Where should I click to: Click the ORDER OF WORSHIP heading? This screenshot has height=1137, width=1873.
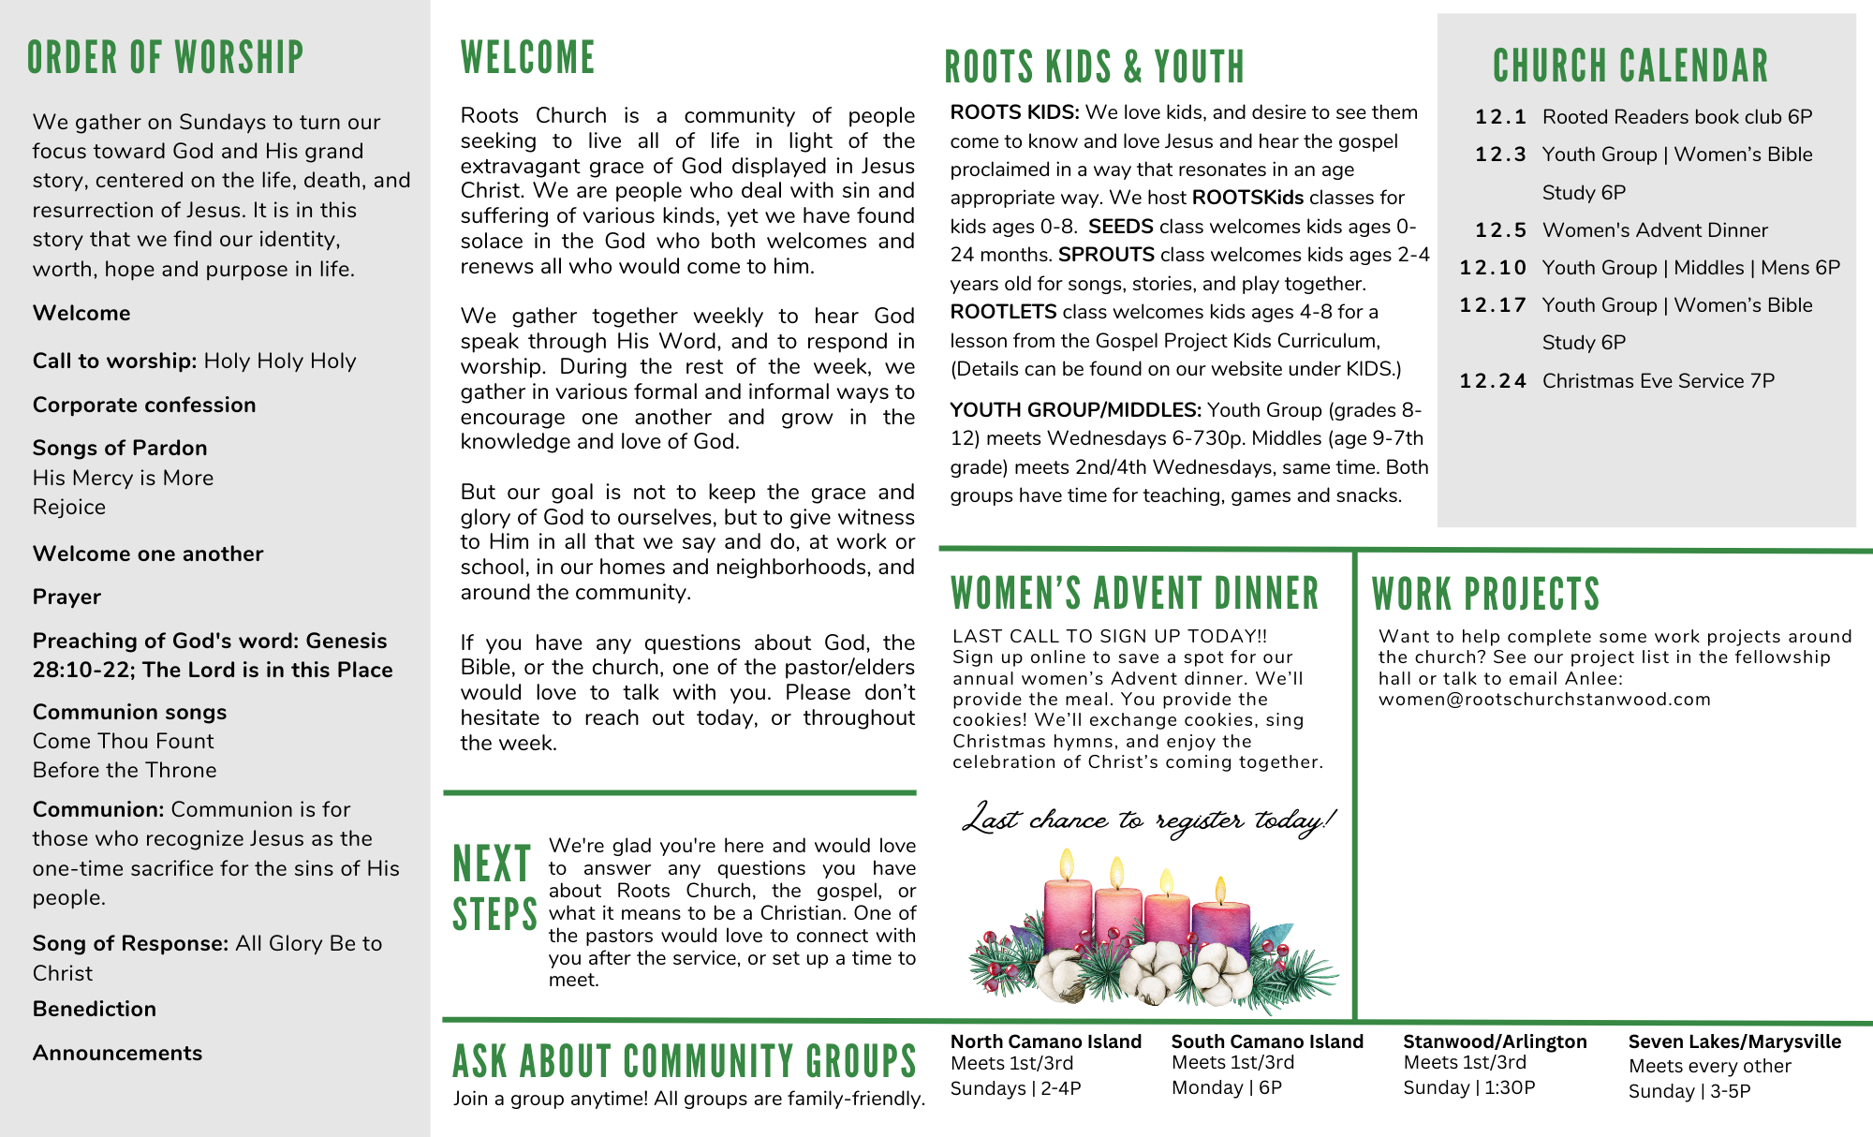(x=165, y=58)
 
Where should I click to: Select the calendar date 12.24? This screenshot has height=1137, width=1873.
(x=1493, y=381)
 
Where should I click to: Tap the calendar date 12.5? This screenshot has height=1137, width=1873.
(x=1500, y=230)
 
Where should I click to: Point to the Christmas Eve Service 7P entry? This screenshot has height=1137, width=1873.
(x=1658, y=381)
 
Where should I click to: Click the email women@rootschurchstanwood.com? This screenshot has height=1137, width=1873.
(x=1544, y=700)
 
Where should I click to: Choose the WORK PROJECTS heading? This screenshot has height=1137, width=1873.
(x=1485, y=595)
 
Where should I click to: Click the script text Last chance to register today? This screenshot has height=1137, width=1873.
(x=1148, y=820)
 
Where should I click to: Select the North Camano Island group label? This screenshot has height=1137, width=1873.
(x=1045, y=1041)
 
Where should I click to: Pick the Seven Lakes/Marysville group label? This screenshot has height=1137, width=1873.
(x=1734, y=1041)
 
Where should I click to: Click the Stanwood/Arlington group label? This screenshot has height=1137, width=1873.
(x=1495, y=1041)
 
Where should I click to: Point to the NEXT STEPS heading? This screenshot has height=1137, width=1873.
(x=494, y=889)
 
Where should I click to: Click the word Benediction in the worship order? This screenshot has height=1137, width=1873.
(x=95, y=1009)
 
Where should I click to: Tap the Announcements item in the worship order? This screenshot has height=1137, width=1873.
(x=117, y=1053)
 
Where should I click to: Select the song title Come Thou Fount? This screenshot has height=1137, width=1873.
(x=124, y=741)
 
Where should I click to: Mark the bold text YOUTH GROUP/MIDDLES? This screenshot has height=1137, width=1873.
(x=1075, y=410)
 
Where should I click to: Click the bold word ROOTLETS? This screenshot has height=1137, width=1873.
(x=1003, y=312)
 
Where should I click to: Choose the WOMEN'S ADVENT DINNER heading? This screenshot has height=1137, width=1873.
(x=1134, y=594)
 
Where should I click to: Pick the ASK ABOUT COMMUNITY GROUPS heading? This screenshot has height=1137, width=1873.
(x=684, y=1061)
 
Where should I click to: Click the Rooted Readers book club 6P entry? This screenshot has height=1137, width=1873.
(x=1676, y=117)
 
